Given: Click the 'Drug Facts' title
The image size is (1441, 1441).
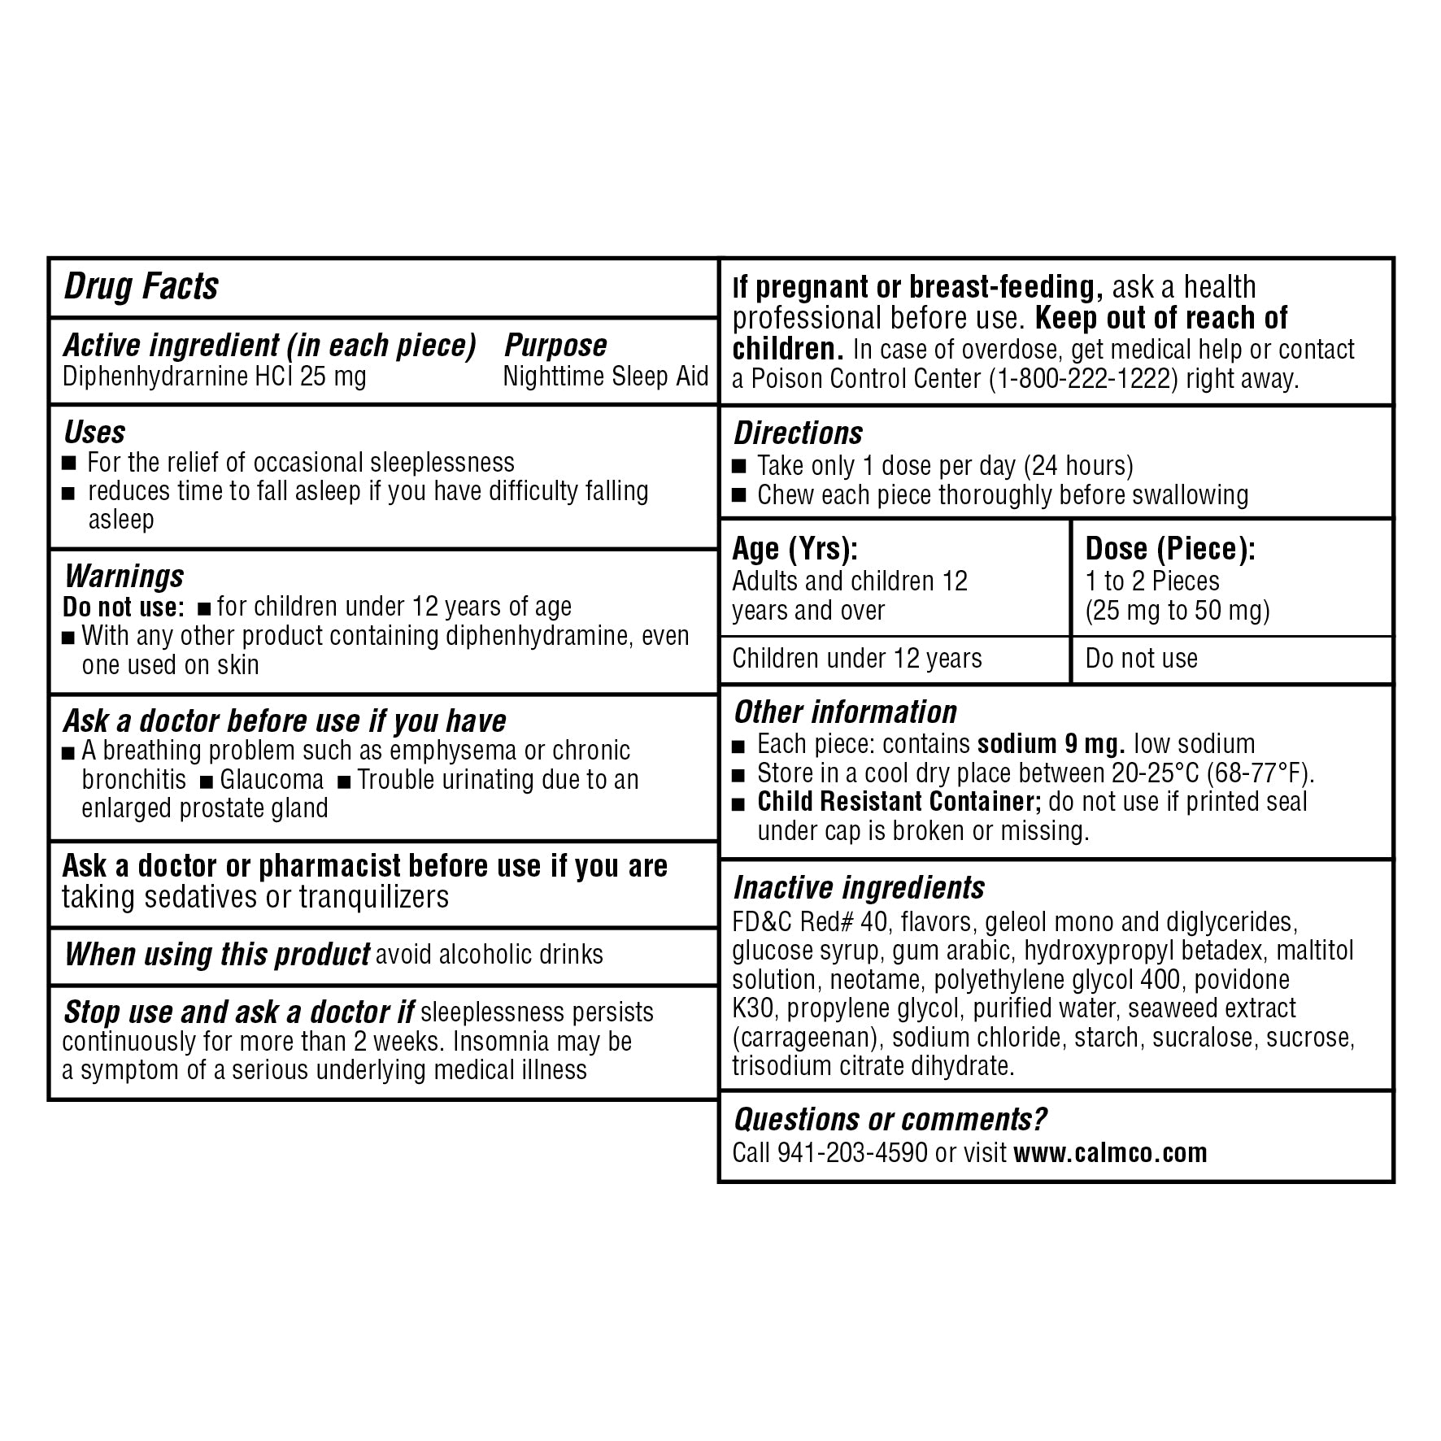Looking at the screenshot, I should (x=141, y=286).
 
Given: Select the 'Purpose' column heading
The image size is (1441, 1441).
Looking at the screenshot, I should (x=555, y=346).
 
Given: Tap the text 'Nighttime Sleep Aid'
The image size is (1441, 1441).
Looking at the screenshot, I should (x=606, y=377).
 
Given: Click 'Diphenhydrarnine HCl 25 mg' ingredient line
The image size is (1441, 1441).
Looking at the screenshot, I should (x=215, y=377).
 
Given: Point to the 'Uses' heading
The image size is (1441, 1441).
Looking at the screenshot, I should (x=94, y=432).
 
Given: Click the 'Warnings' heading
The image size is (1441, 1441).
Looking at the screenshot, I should (x=124, y=577).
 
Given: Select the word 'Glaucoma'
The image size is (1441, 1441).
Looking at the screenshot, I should (x=272, y=780).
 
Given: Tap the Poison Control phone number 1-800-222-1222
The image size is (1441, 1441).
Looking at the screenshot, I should (x=1083, y=380).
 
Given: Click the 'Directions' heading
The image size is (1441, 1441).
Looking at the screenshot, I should (x=798, y=433).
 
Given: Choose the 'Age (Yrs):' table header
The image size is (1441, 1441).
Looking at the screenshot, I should (x=795, y=550).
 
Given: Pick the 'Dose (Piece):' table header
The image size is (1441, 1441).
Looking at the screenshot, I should (x=1170, y=550).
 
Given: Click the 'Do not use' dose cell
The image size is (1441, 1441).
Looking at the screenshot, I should (x=1141, y=659).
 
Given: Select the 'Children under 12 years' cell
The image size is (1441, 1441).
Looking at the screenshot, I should (x=857, y=659).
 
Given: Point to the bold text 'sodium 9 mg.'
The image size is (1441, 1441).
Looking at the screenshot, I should (x=1051, y=744).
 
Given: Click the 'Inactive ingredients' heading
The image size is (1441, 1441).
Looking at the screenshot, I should (x=859, y=888).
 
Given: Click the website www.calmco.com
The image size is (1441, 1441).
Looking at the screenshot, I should (x=1110, y=1153).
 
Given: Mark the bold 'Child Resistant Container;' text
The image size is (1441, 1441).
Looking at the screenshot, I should (x=899, y=802).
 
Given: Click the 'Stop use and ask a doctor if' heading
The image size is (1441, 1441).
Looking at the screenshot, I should (x=239, y=1012).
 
